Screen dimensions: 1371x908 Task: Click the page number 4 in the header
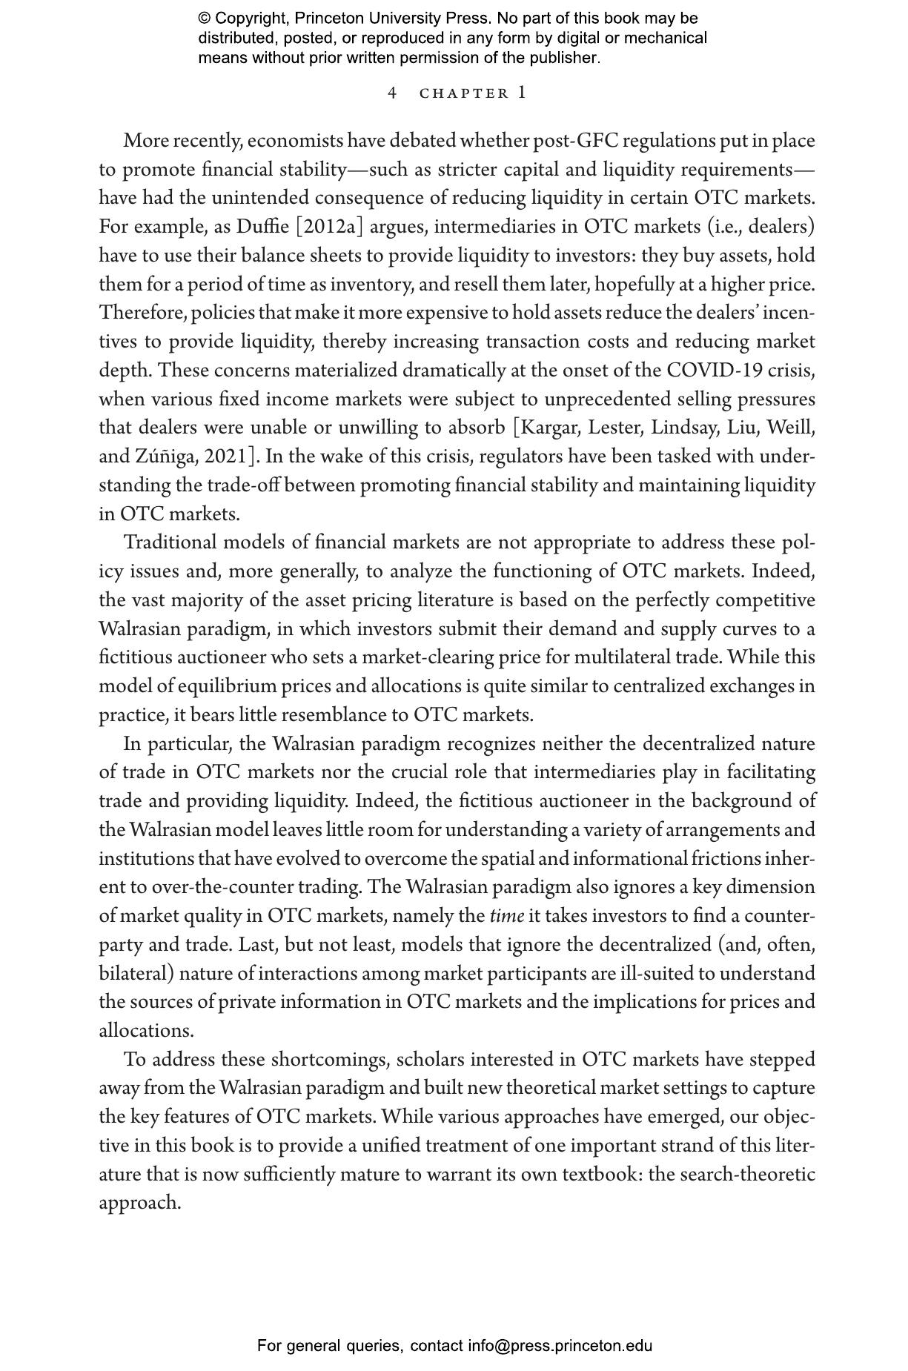[392, 93]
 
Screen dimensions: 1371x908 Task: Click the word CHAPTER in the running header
[464, 93]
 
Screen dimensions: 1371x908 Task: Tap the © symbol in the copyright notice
[205, 19]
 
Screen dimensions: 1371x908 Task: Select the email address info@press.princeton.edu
[560, 1346]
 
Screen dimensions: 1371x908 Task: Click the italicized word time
[507, 917]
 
